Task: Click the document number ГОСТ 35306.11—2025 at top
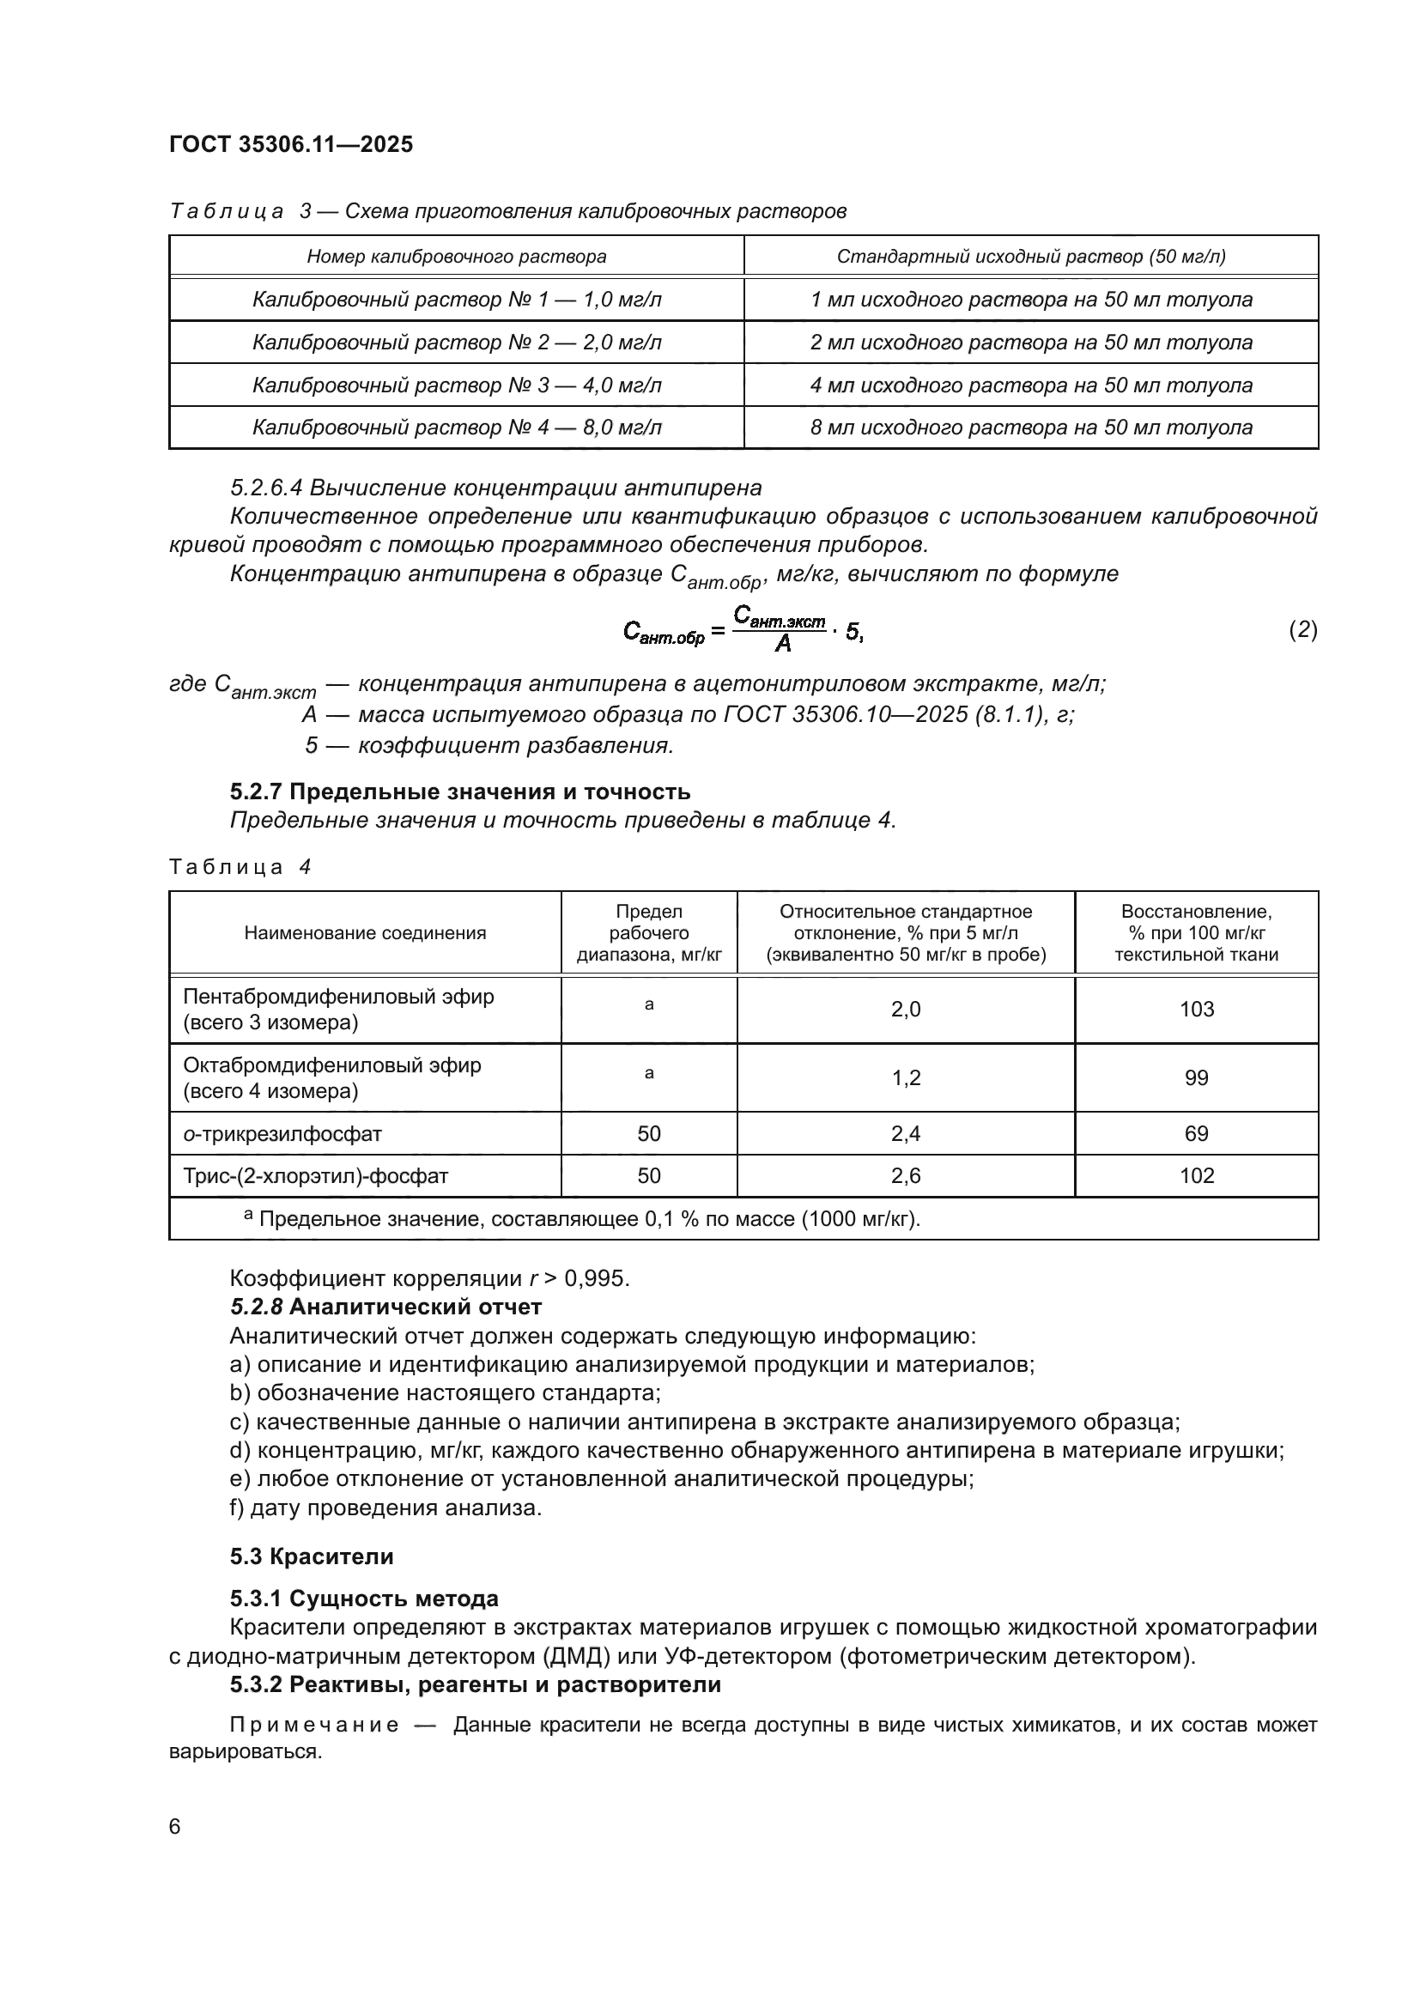click(x=290, y=144)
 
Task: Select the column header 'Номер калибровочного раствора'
click(x=457, y=256)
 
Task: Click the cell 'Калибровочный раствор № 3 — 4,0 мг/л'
click(x=457, y=385)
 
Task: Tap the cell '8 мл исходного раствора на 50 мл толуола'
click(x=1031, y=428)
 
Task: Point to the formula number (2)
click(x=1303, y=629)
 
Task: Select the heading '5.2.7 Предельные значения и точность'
click(x=460, y=792)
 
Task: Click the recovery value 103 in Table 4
click(x=1196, y=1010)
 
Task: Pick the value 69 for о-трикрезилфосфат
click(x=1196, y=1133)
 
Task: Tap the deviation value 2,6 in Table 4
click(x=906, y=1176)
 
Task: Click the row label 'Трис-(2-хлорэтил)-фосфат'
click(x=316, y=1176)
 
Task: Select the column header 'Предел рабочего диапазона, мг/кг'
click(x=649, y=932)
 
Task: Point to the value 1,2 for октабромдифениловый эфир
click(x=906, y=1077)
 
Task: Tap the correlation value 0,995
click(x=597, y=1278)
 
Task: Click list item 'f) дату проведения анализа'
click(x=385, y=1508)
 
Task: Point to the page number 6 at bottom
click(x=175, y=1826)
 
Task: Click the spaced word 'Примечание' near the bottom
click(x=315, y=1725)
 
